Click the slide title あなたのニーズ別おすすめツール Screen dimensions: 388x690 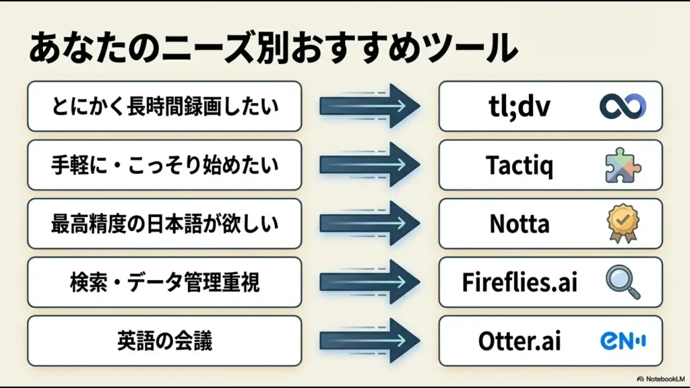click(x=273, y=49)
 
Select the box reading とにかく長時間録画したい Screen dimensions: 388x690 click(x=164, y=106)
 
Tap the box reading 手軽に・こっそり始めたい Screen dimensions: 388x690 click(x=164, y=165)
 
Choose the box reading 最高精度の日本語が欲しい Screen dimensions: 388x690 click(x=164, y=224)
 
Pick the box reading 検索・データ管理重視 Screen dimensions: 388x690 click(x=164, y=282)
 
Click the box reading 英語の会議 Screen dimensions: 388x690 click(x=164, y=341)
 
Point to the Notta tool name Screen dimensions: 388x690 click(x=519, y=224)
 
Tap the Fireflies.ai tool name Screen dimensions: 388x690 click(x=520, y=282)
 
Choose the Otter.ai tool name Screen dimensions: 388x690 click(x=520, y=341)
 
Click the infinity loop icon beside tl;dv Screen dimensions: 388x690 click(x=623, y=106)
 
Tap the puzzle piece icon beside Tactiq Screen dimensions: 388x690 click(x=623, y=166)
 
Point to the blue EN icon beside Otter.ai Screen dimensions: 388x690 click(x=623, y=341)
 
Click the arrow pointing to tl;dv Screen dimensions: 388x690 click(x=369, y=106)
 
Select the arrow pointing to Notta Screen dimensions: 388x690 click(x=369, y=224)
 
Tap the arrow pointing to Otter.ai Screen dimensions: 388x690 click(x=369, y=341)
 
